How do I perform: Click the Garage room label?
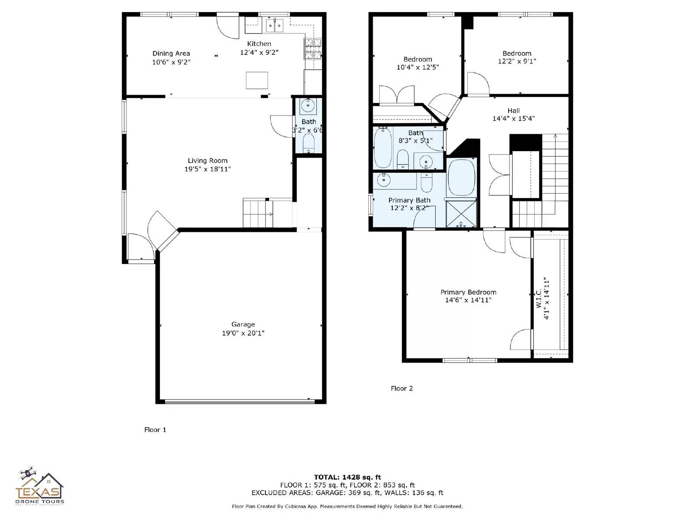pos(243,324)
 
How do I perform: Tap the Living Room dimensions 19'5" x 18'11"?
pos(208,169)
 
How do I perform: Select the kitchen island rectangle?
pos(257,80)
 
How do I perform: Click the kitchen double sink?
pos(275,26)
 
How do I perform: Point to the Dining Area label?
pos(171,53)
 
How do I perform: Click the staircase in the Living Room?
pos(258,213)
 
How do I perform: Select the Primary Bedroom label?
pos(468,292)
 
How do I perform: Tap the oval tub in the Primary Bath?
pos(461,178)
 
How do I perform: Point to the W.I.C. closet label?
pos(539,299)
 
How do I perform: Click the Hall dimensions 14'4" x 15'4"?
pos(513,119)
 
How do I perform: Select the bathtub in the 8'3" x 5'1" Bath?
pos(383,148)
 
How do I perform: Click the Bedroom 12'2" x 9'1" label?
pos(517,53)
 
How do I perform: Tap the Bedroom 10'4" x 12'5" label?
pos(418,59)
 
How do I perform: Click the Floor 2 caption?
pos(402,389)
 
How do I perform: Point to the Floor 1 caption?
pos(155,430)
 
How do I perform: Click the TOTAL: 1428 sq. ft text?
pos(347,477)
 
